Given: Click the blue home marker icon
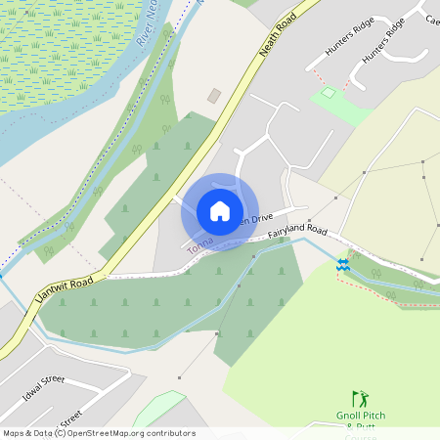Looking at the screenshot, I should click(219, 211).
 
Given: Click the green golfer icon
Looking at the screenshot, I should click(361, 399).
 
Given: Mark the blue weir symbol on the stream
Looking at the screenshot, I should click(343, 264).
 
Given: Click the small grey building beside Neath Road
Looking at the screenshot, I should click(214, 96).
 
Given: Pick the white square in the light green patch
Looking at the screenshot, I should click(329, 94).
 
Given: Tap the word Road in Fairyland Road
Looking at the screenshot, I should click(315, 230).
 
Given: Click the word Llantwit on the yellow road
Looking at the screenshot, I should click(52, 302).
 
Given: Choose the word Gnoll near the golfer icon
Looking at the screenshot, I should click(349, 416).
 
